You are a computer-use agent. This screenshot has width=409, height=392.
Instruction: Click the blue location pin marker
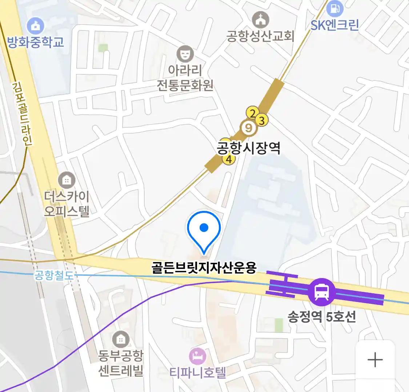(x=204, y=229)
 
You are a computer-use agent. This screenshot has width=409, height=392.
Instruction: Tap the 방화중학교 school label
(x=36, y=42)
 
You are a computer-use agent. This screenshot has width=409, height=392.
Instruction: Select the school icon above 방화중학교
(x=36, y=26)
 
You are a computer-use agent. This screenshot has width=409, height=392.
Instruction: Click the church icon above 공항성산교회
(x=260, y=20)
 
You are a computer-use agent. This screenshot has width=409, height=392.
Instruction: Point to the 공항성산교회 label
(x=260, y=36)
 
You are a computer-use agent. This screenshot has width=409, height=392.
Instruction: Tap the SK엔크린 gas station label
(x=334, y=25)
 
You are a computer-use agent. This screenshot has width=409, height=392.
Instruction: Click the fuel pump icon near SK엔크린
(x=335, y=8)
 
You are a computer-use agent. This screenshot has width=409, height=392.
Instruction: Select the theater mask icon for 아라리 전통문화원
(x=185, y=54)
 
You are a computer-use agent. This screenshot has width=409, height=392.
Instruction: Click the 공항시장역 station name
(x=249, y=148)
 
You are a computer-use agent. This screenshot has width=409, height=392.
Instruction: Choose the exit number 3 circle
(x=262, y=120)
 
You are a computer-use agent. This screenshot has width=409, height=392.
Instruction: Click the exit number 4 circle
(x=229, y=159)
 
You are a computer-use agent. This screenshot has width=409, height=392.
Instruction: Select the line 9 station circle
(x=249, y=128)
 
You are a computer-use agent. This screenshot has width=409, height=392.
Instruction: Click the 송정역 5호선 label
(x=322, y=317)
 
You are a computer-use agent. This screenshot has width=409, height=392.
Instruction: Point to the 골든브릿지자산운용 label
(x=204, y=268)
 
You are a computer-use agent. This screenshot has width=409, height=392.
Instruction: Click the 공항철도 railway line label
(x=53, y=275)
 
